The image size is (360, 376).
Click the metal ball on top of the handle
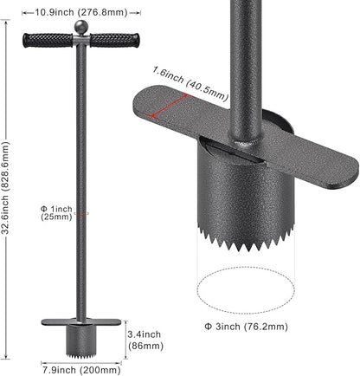81,28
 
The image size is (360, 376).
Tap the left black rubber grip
48,41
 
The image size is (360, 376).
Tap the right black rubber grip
114,41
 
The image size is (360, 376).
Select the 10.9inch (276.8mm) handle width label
81,13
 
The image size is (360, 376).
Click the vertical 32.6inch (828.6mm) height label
7,188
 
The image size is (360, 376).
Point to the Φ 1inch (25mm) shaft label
56,213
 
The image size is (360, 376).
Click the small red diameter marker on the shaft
81,214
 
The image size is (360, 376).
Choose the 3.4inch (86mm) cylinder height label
145,340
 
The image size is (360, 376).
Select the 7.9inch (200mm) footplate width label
81,370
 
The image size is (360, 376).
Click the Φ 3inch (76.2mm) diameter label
246,327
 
